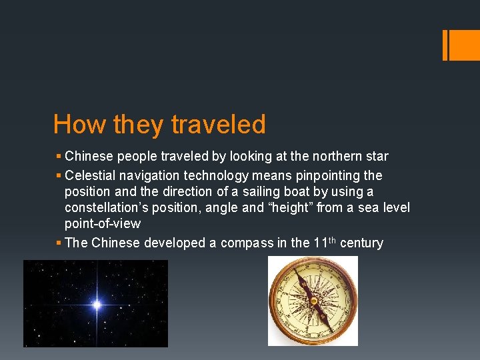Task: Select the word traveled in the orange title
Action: [x=218, y=125]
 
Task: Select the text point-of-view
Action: [x=103, y=225]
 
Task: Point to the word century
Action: [x=361, y=243]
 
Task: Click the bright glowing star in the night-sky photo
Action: [x=97, y=305]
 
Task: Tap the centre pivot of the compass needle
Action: [x=313, y=301]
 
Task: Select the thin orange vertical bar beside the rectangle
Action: [x=445, y=45]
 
